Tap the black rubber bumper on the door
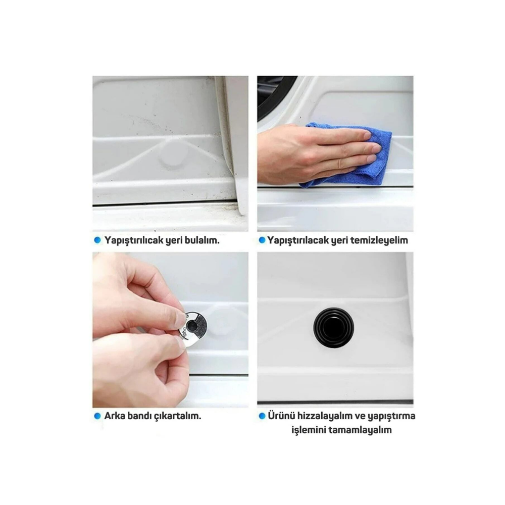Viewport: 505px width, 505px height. click(x=334, y=327)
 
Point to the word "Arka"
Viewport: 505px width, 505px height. click(x=115, y=416)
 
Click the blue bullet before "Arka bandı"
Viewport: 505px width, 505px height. click(x=97, y=416)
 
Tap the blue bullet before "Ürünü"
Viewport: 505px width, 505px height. click(x=262, y=416)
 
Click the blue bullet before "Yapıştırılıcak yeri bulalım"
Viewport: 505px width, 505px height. click(x=97, y=240)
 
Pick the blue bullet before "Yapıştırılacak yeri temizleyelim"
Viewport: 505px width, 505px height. click(x=262, y=240)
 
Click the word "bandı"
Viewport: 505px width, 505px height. click(x=139, y=416)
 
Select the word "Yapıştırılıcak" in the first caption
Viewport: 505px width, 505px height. click(x=134, y=240)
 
